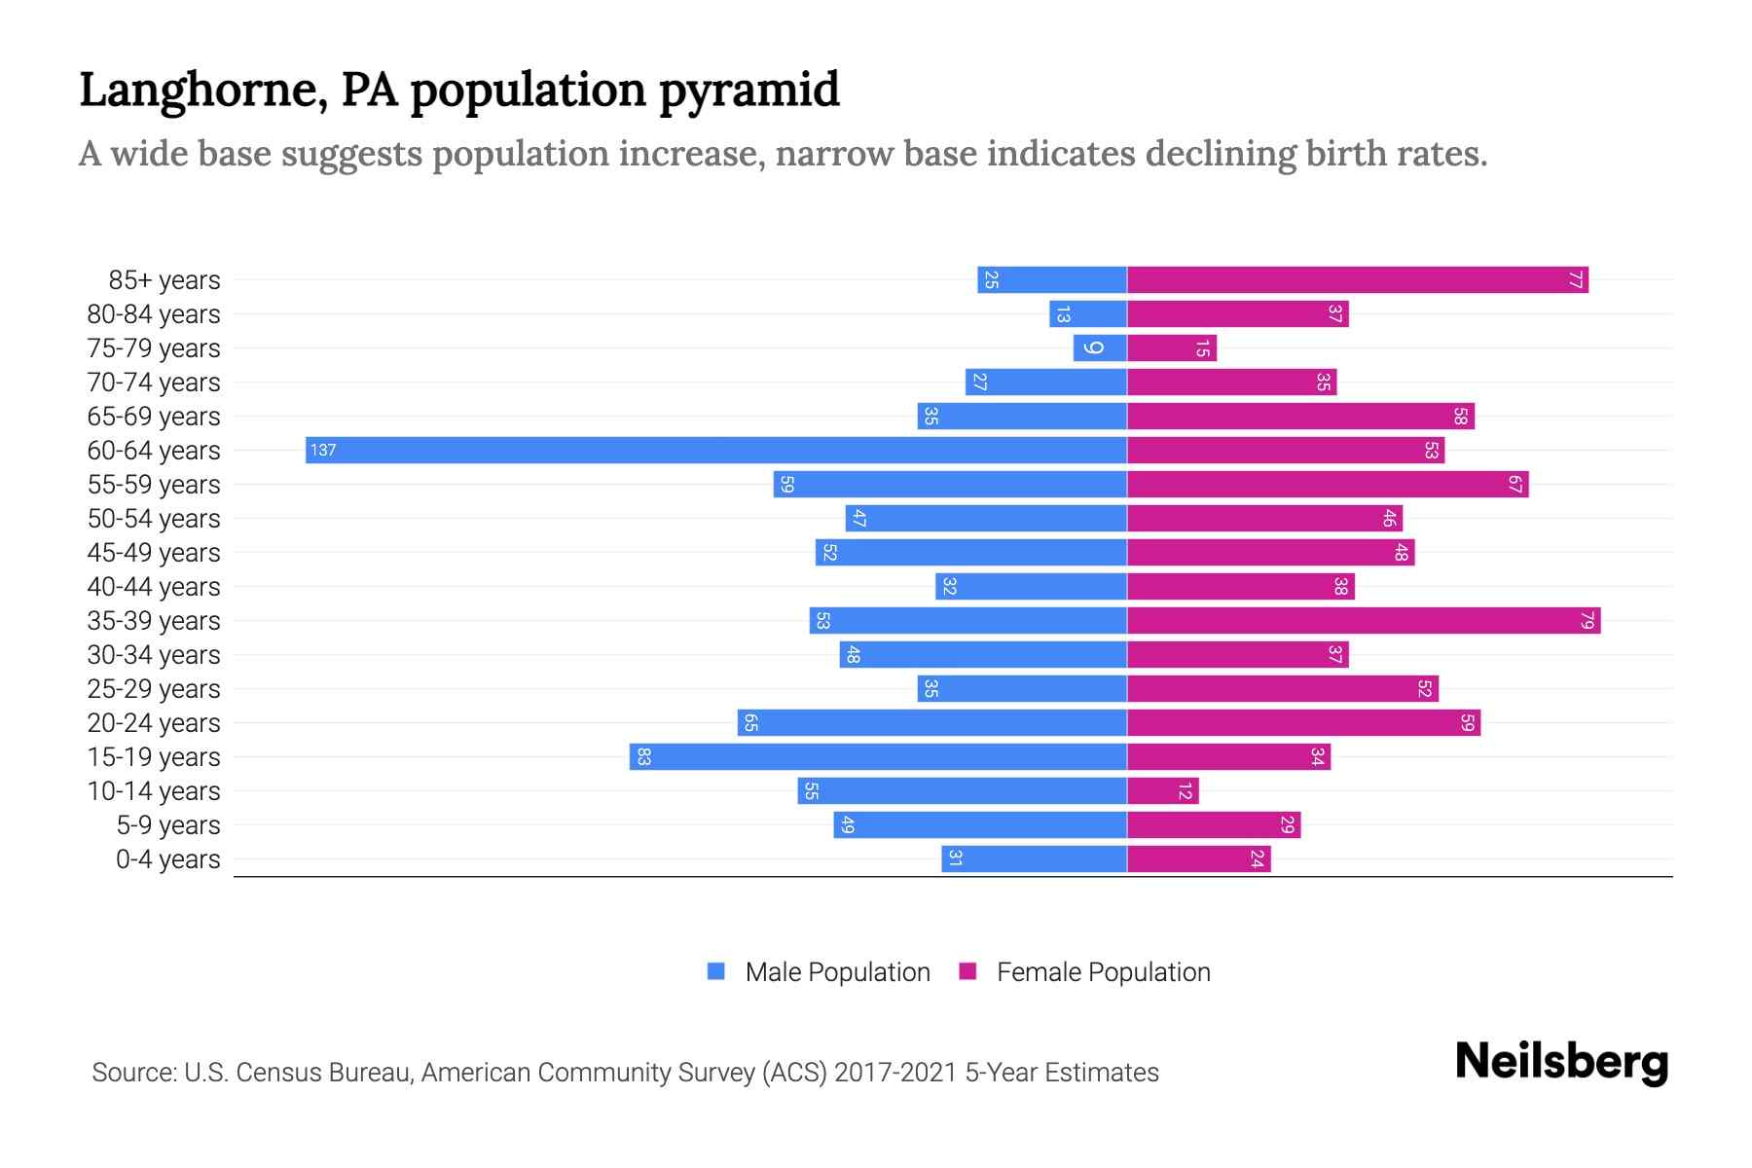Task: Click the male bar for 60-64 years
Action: coord(715,450)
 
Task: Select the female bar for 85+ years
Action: coord(1357,279)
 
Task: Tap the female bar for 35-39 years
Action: coord(1363,620)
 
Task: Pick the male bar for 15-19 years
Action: coord(878,756)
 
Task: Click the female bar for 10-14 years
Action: coord(1162,790)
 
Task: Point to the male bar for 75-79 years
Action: coord(1100,347)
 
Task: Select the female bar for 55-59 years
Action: coord(1328,484)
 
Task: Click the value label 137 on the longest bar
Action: coord(323,450)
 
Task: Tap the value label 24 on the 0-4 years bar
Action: coord(1257,858)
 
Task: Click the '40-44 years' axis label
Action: coord(154,587)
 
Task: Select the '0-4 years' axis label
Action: coord(167,859)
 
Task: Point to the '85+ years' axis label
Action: coord(164,280)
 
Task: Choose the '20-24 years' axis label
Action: coord(154,723)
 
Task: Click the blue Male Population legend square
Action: coord(716,971)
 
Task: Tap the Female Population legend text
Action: coord(1103,971)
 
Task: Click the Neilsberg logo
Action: coord(1561,1062)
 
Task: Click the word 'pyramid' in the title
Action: coord(749,91)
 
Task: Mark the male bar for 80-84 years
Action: coord(1087,313)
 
